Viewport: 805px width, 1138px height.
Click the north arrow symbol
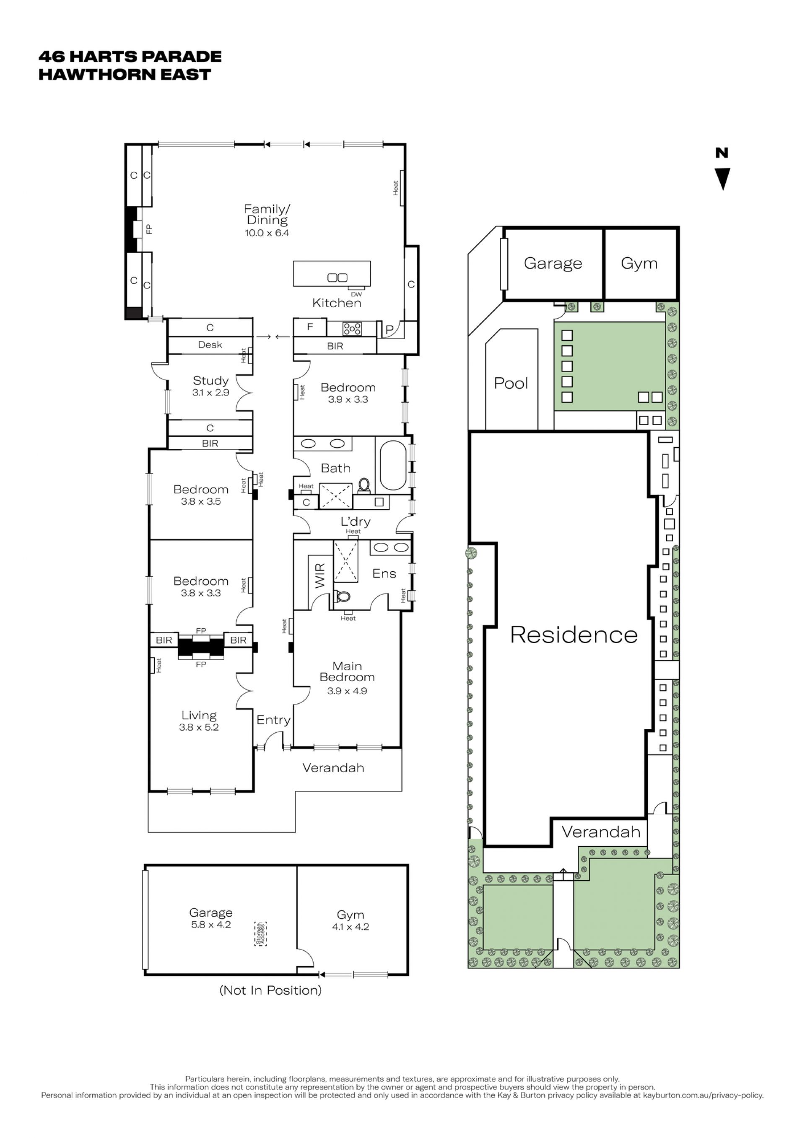click(722, 179)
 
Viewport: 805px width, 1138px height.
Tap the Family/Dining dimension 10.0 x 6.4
click(267, 233)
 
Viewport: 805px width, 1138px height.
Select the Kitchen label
click(337, 303)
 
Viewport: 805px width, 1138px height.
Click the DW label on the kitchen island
click(356, 294)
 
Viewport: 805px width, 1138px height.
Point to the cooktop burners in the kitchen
click(352, 328)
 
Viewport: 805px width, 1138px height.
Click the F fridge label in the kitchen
click(310, 327)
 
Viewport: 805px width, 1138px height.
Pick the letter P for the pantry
click(390, 329)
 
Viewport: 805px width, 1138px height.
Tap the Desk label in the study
click(210, 345)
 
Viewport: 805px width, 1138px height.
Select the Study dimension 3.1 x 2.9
click(210, 393)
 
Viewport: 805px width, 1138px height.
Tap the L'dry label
click(356, 521)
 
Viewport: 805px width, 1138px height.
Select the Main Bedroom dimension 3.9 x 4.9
click(347, 691)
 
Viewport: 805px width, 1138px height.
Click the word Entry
click(273, 720)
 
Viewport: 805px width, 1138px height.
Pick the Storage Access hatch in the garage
click(260, 934)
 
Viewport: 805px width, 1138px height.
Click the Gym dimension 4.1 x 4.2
click(351, 927)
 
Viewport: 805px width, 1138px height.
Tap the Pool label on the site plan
click(511, 383)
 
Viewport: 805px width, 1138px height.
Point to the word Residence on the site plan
click(574, 635)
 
